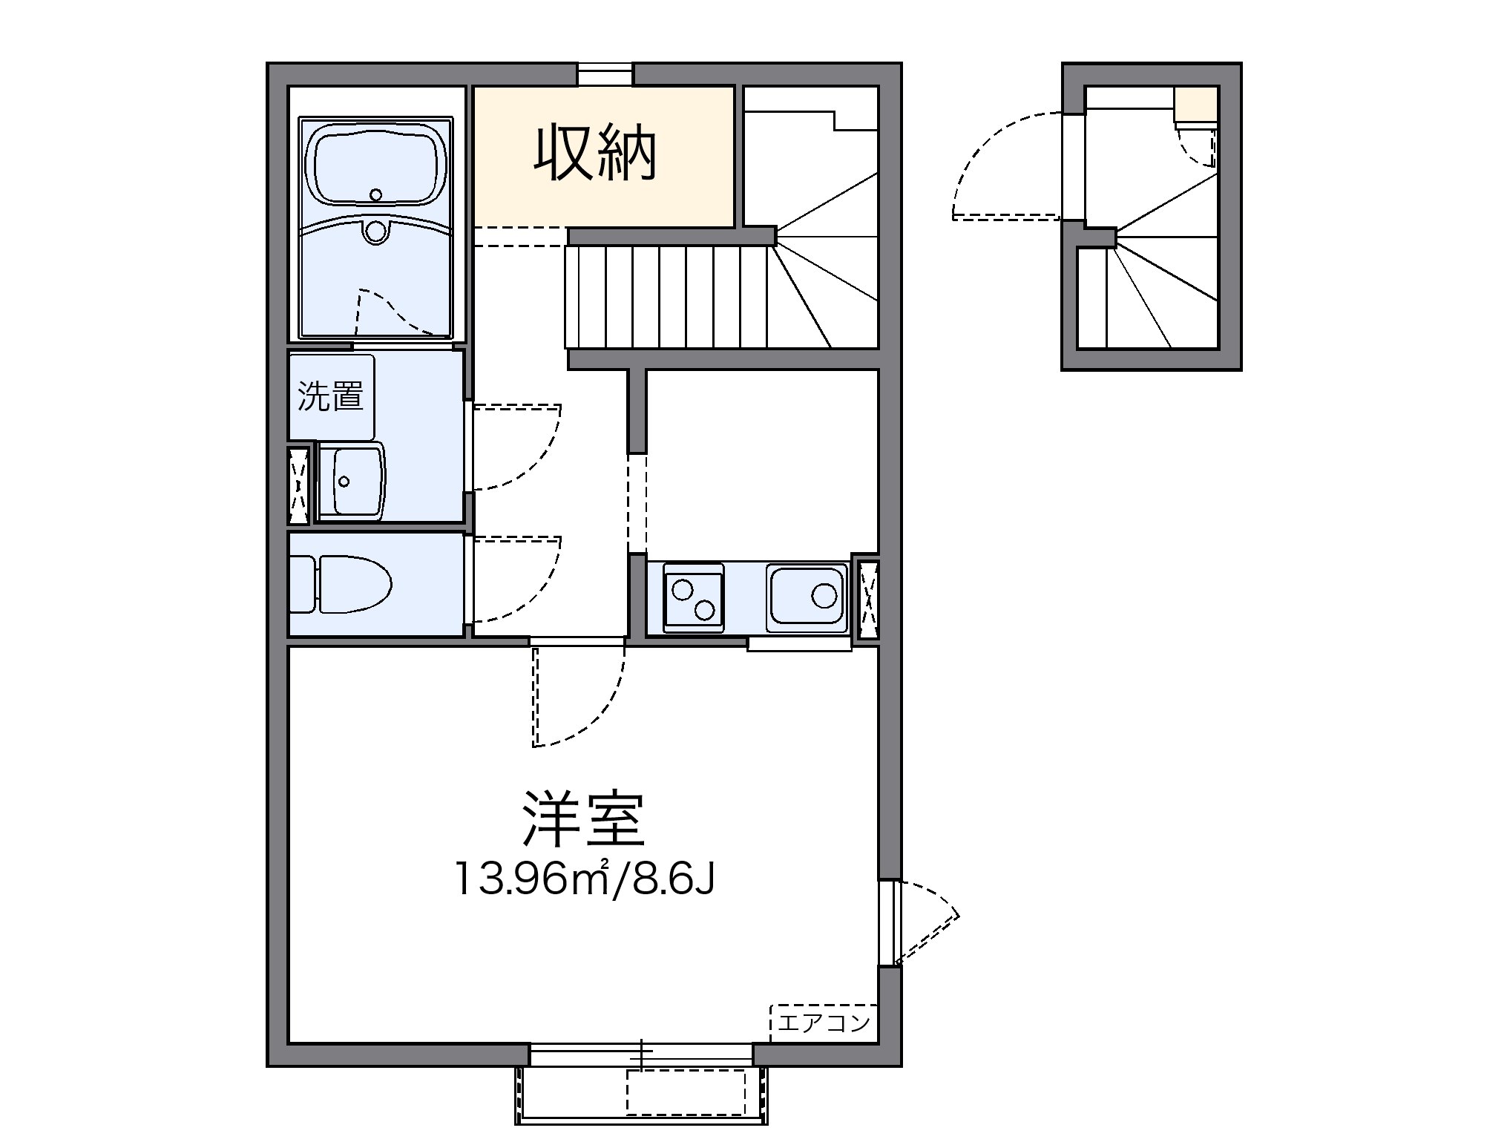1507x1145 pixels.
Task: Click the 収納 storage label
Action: [x=595, y=155]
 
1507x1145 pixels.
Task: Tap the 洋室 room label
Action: [x=582, y=819]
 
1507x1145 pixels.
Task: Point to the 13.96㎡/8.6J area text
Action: [x=585, y=880]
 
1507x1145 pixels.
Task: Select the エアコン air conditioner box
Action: [x=824, y=1023]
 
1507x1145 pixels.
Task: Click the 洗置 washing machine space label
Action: [x=330, y=396]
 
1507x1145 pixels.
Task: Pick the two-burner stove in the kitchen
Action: [x=693, y=598]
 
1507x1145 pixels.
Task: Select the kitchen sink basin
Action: [x=807, y=596]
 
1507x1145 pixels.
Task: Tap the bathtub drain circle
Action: [x=375, y=195]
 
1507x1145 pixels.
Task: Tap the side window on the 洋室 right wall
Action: [x=889, y=922]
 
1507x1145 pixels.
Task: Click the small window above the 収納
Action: [x=605, y=74]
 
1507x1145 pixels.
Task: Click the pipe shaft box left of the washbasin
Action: [x=299, y=485]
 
